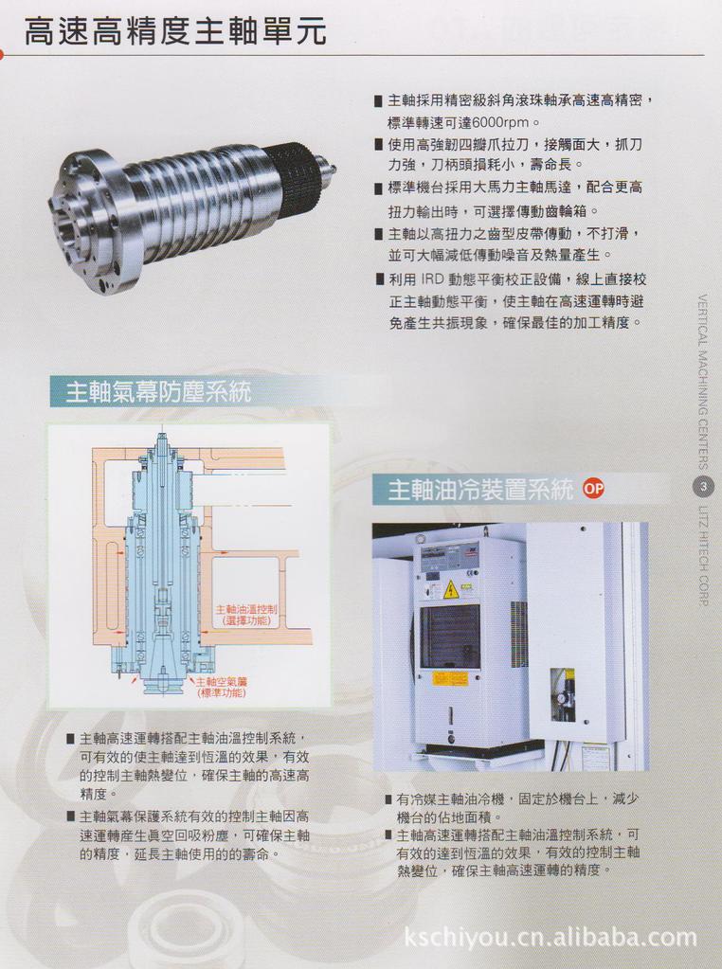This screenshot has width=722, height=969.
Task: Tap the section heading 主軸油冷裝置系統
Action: point(480,491)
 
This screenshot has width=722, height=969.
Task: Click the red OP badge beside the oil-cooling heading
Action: point(593,490)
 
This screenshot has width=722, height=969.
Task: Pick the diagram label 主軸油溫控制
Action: point(244,609)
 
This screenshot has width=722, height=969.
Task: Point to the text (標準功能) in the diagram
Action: point(221,693)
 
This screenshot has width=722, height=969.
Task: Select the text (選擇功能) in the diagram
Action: point(244,621)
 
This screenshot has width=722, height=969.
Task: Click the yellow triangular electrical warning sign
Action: point(451,590)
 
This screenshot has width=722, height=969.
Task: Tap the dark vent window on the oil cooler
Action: point(450,637)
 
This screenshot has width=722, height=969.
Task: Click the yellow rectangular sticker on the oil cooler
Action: point(449,678)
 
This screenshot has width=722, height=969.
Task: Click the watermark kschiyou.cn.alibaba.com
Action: point(550,939)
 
